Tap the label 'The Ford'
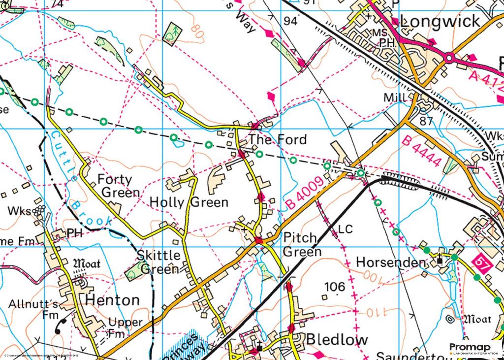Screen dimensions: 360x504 click(277, 139)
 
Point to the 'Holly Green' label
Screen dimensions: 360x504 click(189, 202)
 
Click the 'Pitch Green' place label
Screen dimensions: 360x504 click(302, 245)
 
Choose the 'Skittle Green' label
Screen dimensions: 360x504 click(158, 262)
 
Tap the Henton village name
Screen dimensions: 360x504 click(113, 299)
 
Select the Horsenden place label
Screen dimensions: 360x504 click(390, 262)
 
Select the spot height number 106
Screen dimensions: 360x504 click(335, 287)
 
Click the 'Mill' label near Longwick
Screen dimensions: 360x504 click(395, 98)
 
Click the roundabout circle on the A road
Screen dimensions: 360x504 click(449, 58)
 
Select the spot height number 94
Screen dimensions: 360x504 click(291, 21)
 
